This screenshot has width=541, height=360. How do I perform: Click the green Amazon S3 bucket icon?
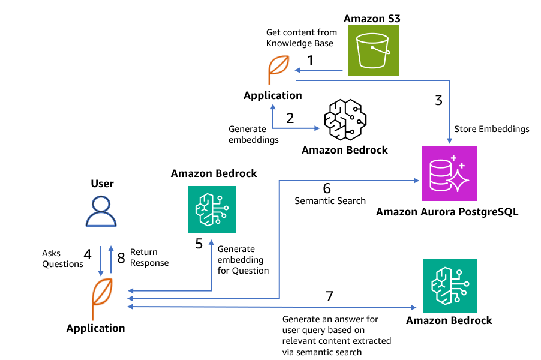(x=371, y=51)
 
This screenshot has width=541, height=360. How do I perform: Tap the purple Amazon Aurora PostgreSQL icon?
(x=449, y=173)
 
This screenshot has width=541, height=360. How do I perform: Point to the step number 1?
(x=310, y=61)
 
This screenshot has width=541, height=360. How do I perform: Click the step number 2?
(x=290, y=118)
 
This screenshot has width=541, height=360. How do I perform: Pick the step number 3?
(x=438, y=100)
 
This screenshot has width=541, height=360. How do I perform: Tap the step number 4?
(x=88, y=254)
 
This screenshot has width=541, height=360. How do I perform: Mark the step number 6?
(x=327, y=188)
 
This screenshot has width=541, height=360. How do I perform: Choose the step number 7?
(x=329, y=296)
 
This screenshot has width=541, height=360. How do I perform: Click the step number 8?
(x=121, y=258)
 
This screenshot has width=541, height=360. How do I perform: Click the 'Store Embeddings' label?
(x=492, y=129)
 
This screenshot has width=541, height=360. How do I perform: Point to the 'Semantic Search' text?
(x=330, y=201)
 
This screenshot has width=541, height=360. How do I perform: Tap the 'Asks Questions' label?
(x=62, y=259)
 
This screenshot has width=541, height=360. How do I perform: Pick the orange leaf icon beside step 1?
(x=278, y=69)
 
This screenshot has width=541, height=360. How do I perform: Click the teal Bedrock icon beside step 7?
(x=450, y=286)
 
